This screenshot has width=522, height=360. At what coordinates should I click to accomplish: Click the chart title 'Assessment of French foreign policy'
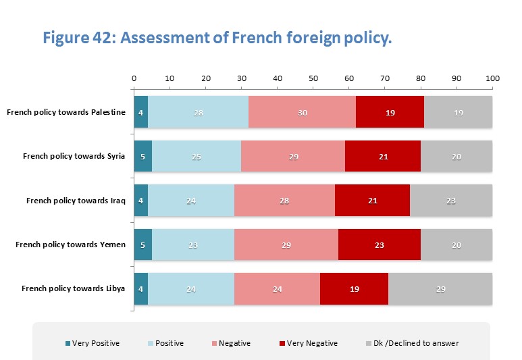click(x=217, y=38)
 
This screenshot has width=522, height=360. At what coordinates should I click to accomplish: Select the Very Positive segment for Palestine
click(x=140, y=112)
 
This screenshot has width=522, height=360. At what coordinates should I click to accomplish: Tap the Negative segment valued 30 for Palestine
click(x=302, y=112)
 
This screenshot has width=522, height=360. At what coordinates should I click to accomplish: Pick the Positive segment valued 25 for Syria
click(x=197, y=157)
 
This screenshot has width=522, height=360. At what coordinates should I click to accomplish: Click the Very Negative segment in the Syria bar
click(x=383, y=157)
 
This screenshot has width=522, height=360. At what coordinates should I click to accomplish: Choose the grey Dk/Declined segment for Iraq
click(x=451, y=201)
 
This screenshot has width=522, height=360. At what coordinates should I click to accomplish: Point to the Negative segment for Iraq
click(x=284, y=201)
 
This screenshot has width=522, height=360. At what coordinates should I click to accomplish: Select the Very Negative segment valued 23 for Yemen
click(x=380, y=245)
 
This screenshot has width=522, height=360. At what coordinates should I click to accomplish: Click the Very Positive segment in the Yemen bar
click(x=142, y=245)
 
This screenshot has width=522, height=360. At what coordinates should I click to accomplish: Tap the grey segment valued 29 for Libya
click(x=440, y=288)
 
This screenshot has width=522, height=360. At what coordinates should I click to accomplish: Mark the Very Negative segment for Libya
click(x=354, y=288)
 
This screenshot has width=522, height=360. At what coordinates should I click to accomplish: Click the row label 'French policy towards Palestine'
click(x=66, y=112)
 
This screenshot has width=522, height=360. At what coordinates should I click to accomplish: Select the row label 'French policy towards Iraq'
click(x=76, y=201)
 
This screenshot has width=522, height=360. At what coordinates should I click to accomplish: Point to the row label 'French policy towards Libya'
click(x=74, y=288)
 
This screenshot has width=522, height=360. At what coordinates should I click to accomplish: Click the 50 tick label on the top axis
click(x=313, y=78)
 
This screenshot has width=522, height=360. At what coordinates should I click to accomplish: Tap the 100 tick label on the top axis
click(x=492, y=78)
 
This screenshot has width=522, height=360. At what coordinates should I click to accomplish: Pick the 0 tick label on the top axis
click(x=134, y=78)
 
